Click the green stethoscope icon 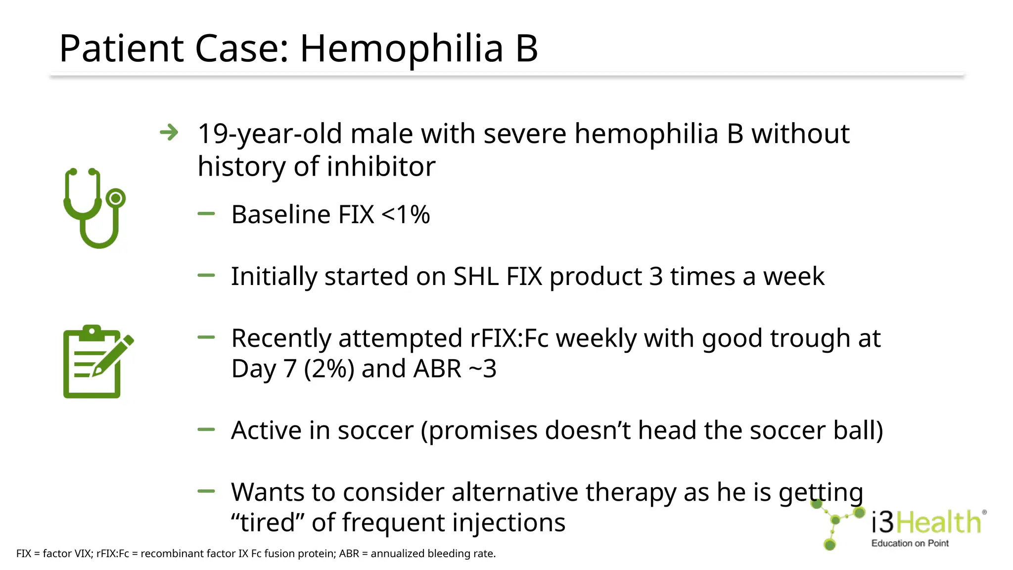94,208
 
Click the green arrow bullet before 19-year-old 169,133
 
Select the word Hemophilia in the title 401,49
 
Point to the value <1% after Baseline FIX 406,215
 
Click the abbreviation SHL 476,277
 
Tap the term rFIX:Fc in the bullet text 509,338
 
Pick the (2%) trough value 329,369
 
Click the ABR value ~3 482,369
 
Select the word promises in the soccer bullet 479,430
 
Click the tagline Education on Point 910,543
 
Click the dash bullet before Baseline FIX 206,214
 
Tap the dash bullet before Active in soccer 206,430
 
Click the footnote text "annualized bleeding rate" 433,554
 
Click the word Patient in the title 122,49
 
